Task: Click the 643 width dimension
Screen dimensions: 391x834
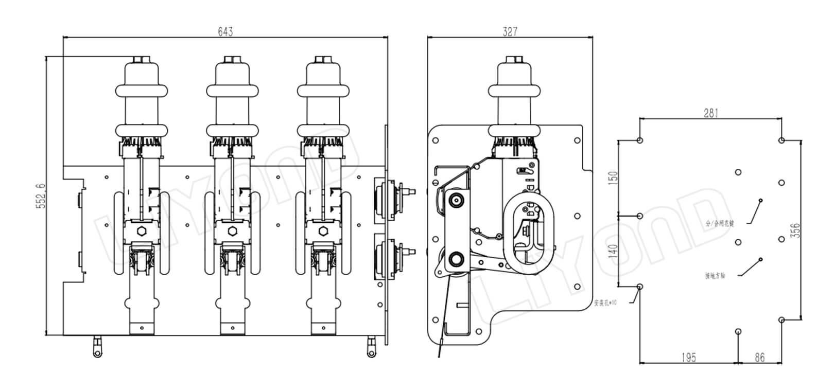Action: [225, 32]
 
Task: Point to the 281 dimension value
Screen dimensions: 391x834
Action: [710, 113]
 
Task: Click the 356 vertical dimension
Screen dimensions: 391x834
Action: [795, 230]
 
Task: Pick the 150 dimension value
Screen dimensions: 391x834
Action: [613, 179]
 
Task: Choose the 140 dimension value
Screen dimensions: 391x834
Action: [613, 252]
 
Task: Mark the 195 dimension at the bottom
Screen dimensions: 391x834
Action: [688, 357]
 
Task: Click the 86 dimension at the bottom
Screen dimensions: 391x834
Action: [759, 357]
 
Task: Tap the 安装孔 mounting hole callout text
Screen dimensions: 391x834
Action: [605, 303]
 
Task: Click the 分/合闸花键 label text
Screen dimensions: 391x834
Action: [719, 224]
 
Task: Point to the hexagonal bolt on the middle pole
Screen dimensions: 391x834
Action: [233, 230]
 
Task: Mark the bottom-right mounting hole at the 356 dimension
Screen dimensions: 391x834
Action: [781, 319]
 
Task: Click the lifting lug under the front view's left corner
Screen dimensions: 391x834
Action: [96, 348]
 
